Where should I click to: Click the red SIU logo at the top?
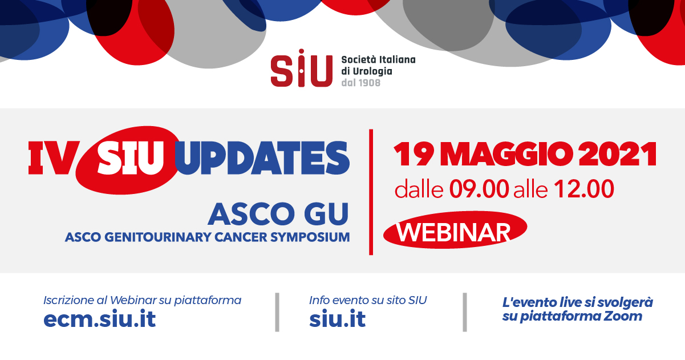tap(302, 68)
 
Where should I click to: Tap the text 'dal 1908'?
tap(361, 83)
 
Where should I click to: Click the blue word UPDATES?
tap(262, 157)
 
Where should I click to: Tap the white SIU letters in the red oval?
tap(131, 157)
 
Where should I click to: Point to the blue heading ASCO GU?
tap(278, 214)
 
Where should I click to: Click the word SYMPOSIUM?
tap(313, 237)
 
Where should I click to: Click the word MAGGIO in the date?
tap(508, 155)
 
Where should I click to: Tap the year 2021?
tap(618, 155)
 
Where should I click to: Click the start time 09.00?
tap(479, 189)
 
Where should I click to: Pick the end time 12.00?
tap(584, 189)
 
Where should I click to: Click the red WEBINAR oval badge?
tap(455, 230)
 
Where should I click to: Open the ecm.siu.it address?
tap(100, 319)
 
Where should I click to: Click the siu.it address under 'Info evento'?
tap(337, 319)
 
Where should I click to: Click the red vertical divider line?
tap(371, 192)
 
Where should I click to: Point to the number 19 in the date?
tap(414, 155)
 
